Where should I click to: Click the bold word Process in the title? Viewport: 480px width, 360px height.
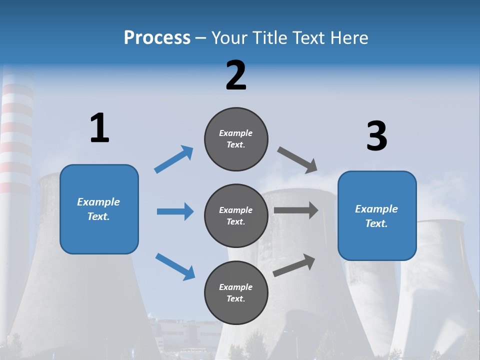coord(157,38)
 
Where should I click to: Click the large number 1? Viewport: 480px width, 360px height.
coord(99,128)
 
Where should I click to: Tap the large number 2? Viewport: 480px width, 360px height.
coord(236,75)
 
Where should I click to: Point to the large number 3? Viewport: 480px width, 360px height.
coord(376,136)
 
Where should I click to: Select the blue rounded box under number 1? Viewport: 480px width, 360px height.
coord(99,209)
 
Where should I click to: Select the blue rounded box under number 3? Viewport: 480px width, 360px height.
coord(377,215)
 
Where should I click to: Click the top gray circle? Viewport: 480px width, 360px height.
coord(236,138)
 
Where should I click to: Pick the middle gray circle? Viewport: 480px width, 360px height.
coord(236,215)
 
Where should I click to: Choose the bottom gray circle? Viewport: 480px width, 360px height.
coord(236,292)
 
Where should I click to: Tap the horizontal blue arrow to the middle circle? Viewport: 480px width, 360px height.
coord(175,211)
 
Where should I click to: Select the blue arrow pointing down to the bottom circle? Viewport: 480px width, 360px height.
coord(175,266)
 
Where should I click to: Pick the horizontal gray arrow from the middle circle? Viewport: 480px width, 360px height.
coord(296,210)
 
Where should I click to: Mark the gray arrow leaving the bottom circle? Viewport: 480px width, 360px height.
coord(294,265)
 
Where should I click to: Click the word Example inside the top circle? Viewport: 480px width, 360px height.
coord(235,133)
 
